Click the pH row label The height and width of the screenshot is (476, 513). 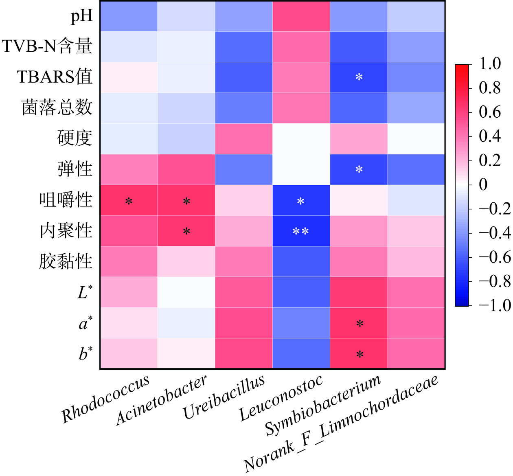[82, 16]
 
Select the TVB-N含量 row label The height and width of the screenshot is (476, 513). [47, 46]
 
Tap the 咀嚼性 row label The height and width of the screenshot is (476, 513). [66, 200]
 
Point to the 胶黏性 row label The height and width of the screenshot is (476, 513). [66, 261]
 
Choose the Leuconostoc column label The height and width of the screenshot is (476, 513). [281, 398]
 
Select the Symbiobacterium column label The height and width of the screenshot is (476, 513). [323, 405]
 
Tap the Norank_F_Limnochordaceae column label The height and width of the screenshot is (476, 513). [341, 423]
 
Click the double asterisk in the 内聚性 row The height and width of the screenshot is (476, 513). [300, 232]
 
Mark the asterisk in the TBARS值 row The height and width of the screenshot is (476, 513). [359, 77]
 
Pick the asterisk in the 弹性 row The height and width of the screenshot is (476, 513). [359, 170]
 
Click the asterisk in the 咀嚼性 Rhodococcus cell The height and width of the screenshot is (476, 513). [129, 202]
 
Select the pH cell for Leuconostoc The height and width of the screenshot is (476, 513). [301, 16]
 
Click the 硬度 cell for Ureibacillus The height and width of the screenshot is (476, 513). [243, 139]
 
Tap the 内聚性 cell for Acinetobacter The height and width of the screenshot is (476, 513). [186, 231]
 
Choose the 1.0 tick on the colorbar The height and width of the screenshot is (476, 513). [490, 64]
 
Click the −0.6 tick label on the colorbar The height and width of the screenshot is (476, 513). [494, 257]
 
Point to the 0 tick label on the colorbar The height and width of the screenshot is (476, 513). [483, 184]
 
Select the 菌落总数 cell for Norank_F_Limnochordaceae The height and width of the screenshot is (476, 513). [416, 108]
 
